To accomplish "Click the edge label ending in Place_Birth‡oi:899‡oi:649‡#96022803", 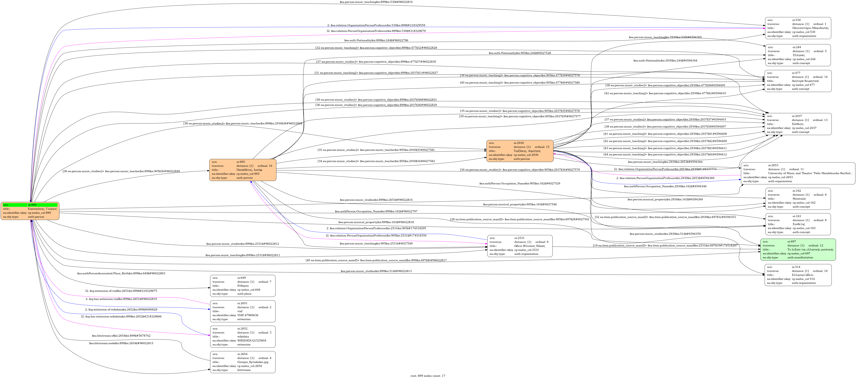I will [x=121, y=274].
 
